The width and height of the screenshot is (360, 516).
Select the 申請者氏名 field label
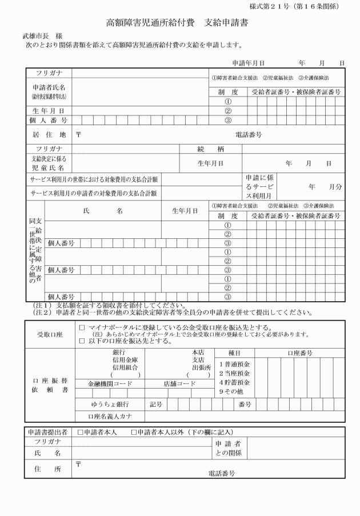(x=49, y=88)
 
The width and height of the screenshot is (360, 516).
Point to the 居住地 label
(x=48, y=135)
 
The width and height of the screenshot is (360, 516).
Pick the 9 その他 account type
(x=236, y=391)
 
